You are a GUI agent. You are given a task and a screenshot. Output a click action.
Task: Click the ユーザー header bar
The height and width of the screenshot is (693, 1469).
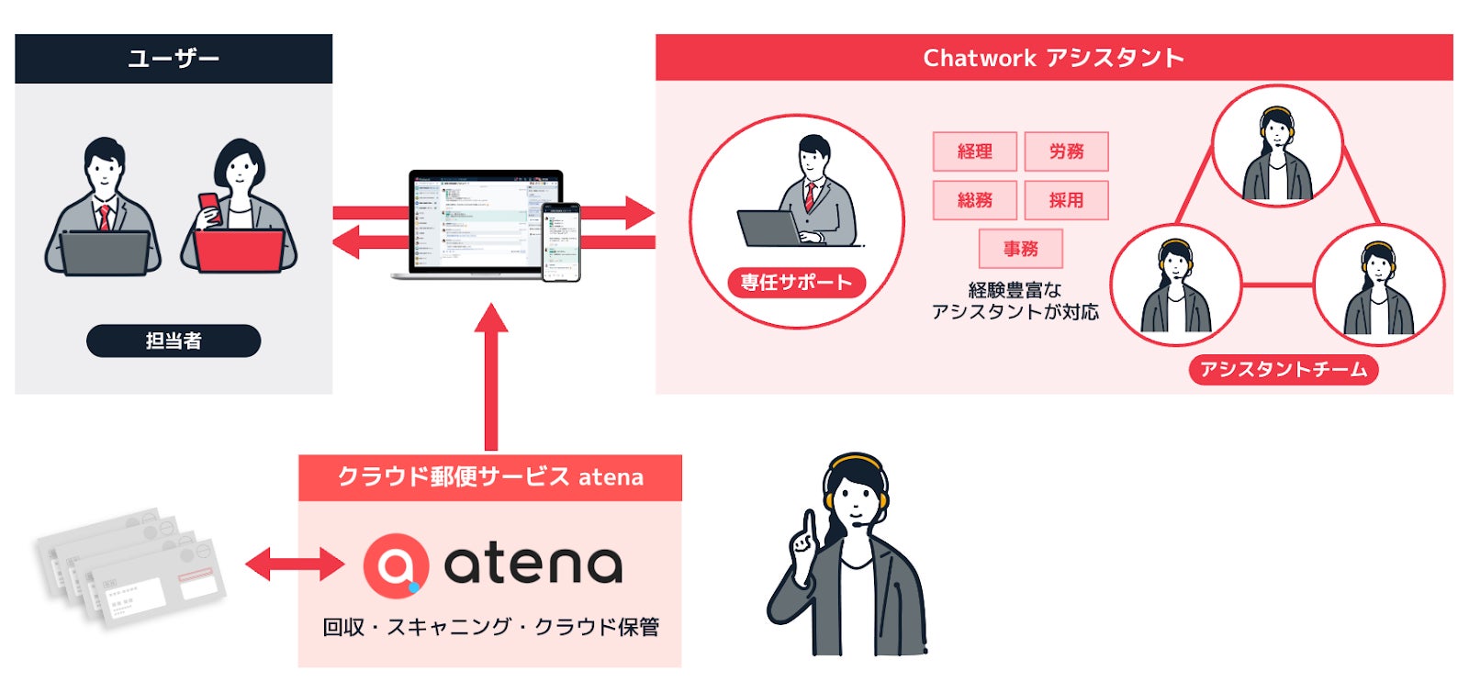174,59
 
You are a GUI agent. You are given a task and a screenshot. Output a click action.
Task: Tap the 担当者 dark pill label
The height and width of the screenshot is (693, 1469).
174,341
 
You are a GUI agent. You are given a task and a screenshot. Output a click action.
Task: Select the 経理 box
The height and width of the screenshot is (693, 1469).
974,151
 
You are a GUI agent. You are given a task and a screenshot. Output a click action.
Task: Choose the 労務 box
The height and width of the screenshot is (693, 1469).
1066,151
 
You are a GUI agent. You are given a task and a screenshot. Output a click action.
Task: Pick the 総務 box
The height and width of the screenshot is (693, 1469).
974,200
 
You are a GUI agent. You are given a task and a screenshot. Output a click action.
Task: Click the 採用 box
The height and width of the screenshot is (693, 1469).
1066,200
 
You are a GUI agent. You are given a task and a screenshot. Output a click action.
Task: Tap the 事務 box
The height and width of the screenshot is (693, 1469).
1020,249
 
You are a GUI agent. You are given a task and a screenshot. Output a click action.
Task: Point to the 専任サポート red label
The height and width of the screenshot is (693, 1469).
796,283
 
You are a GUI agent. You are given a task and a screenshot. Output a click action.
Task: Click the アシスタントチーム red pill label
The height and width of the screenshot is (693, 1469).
1283,369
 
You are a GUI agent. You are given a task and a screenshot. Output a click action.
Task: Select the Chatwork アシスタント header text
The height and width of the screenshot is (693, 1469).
1053,58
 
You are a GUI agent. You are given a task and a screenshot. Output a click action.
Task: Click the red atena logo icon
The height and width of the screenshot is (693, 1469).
396,564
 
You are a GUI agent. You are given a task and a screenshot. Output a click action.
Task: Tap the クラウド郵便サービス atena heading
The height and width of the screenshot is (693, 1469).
490,477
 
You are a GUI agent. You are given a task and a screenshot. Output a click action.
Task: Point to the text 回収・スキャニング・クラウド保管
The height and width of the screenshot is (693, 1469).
490,627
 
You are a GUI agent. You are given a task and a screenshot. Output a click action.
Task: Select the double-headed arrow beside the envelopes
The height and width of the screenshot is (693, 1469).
294,564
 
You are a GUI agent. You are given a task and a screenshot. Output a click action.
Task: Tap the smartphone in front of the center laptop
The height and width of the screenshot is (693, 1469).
560,241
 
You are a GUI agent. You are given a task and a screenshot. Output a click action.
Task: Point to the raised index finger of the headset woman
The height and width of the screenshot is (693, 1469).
809,527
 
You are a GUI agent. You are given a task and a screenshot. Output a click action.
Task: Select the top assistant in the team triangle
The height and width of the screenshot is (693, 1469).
1277,147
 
